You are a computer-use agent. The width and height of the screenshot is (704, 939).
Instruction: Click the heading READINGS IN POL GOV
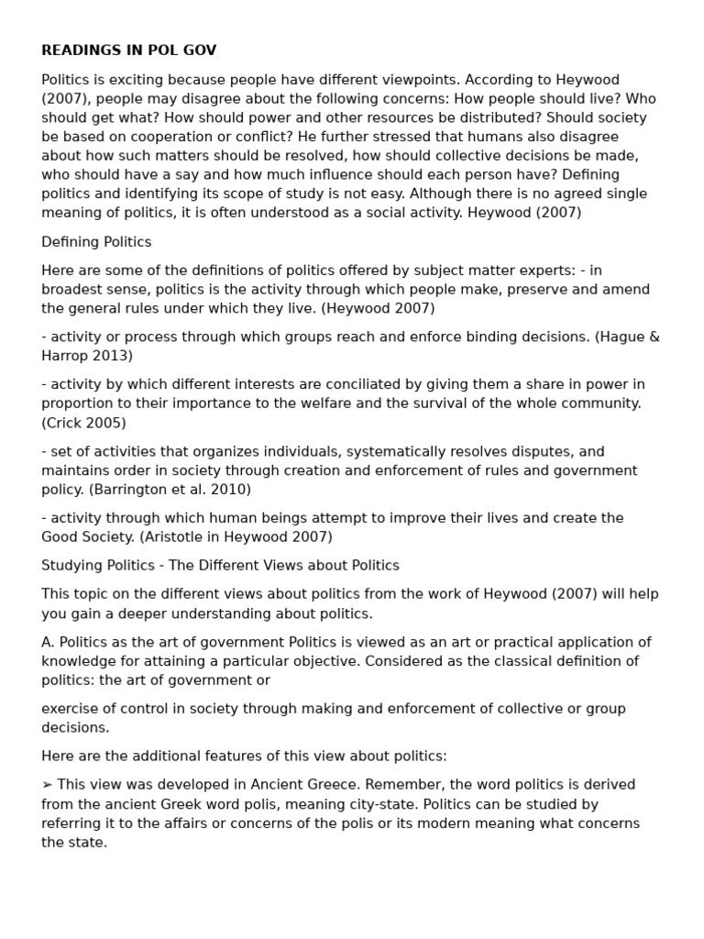[128, 50]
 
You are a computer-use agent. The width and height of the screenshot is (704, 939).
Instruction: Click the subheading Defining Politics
[96, 242]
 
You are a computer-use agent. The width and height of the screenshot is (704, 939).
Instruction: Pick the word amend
[628, 289]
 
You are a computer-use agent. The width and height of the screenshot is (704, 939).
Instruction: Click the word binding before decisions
[477, 337]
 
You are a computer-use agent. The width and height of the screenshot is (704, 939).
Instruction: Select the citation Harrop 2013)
[87, 356]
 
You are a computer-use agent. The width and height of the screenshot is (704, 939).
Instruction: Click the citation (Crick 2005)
[83, 423]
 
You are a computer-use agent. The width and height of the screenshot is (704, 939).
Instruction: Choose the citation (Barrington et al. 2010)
[170, 490]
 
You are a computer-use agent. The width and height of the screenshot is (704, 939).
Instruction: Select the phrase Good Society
[88, 537]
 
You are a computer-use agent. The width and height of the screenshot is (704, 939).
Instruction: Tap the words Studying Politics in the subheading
[100, 566]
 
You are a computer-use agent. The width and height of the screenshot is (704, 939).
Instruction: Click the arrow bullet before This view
[48, 785]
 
